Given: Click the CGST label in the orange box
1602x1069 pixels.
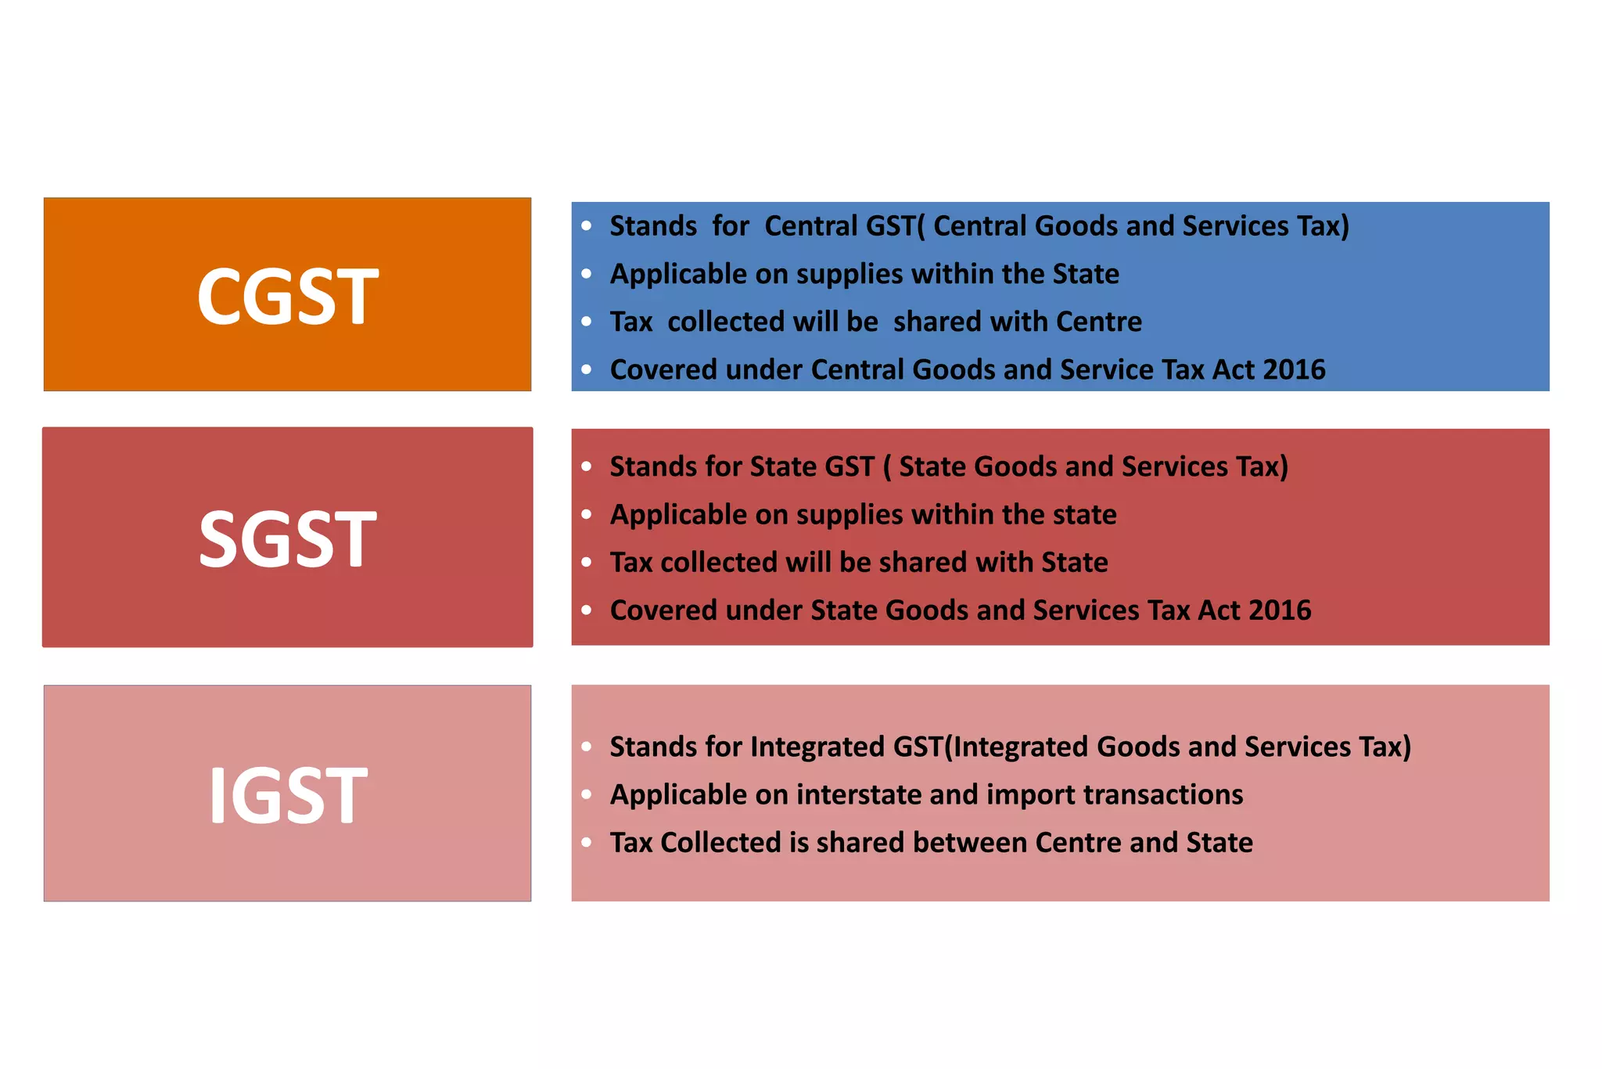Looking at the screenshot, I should [x=287, y=296].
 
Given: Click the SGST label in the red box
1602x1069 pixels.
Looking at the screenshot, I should [x=287, y=538].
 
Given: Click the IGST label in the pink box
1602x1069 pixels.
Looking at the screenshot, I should [x=287, y=795].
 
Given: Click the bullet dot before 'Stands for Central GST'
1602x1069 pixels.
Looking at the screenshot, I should [x=587, y=226].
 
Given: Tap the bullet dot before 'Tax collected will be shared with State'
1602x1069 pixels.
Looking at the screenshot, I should [x=587, y=563].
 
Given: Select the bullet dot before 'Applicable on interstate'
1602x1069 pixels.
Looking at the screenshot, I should [x=587, y=795].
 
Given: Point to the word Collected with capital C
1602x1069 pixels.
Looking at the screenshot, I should [x=720, y=843].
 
